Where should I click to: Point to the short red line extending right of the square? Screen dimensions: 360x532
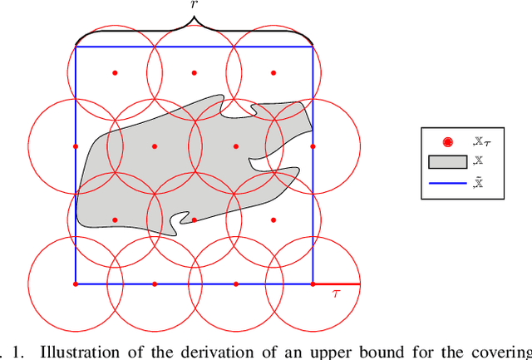pyautogui.click(x=337, y=284)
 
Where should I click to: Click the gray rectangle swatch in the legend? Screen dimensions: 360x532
pyautogui.click(x=448, y=163)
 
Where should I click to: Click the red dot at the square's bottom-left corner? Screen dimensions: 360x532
pyautogui.click(x=76, y=284)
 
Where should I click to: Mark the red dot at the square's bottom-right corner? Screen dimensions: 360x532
pyautogui.click(x=313, y=284)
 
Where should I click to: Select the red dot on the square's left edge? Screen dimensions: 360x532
pyautogui.click(x=76, y=146)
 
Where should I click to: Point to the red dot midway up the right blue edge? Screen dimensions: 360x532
pyautogui.click(x=313, y=146)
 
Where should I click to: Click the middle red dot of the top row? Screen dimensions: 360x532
pyautogui.click(x=195, y=72)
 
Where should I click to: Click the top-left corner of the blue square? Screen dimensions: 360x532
pyautogui.click(x=76, y=47)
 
